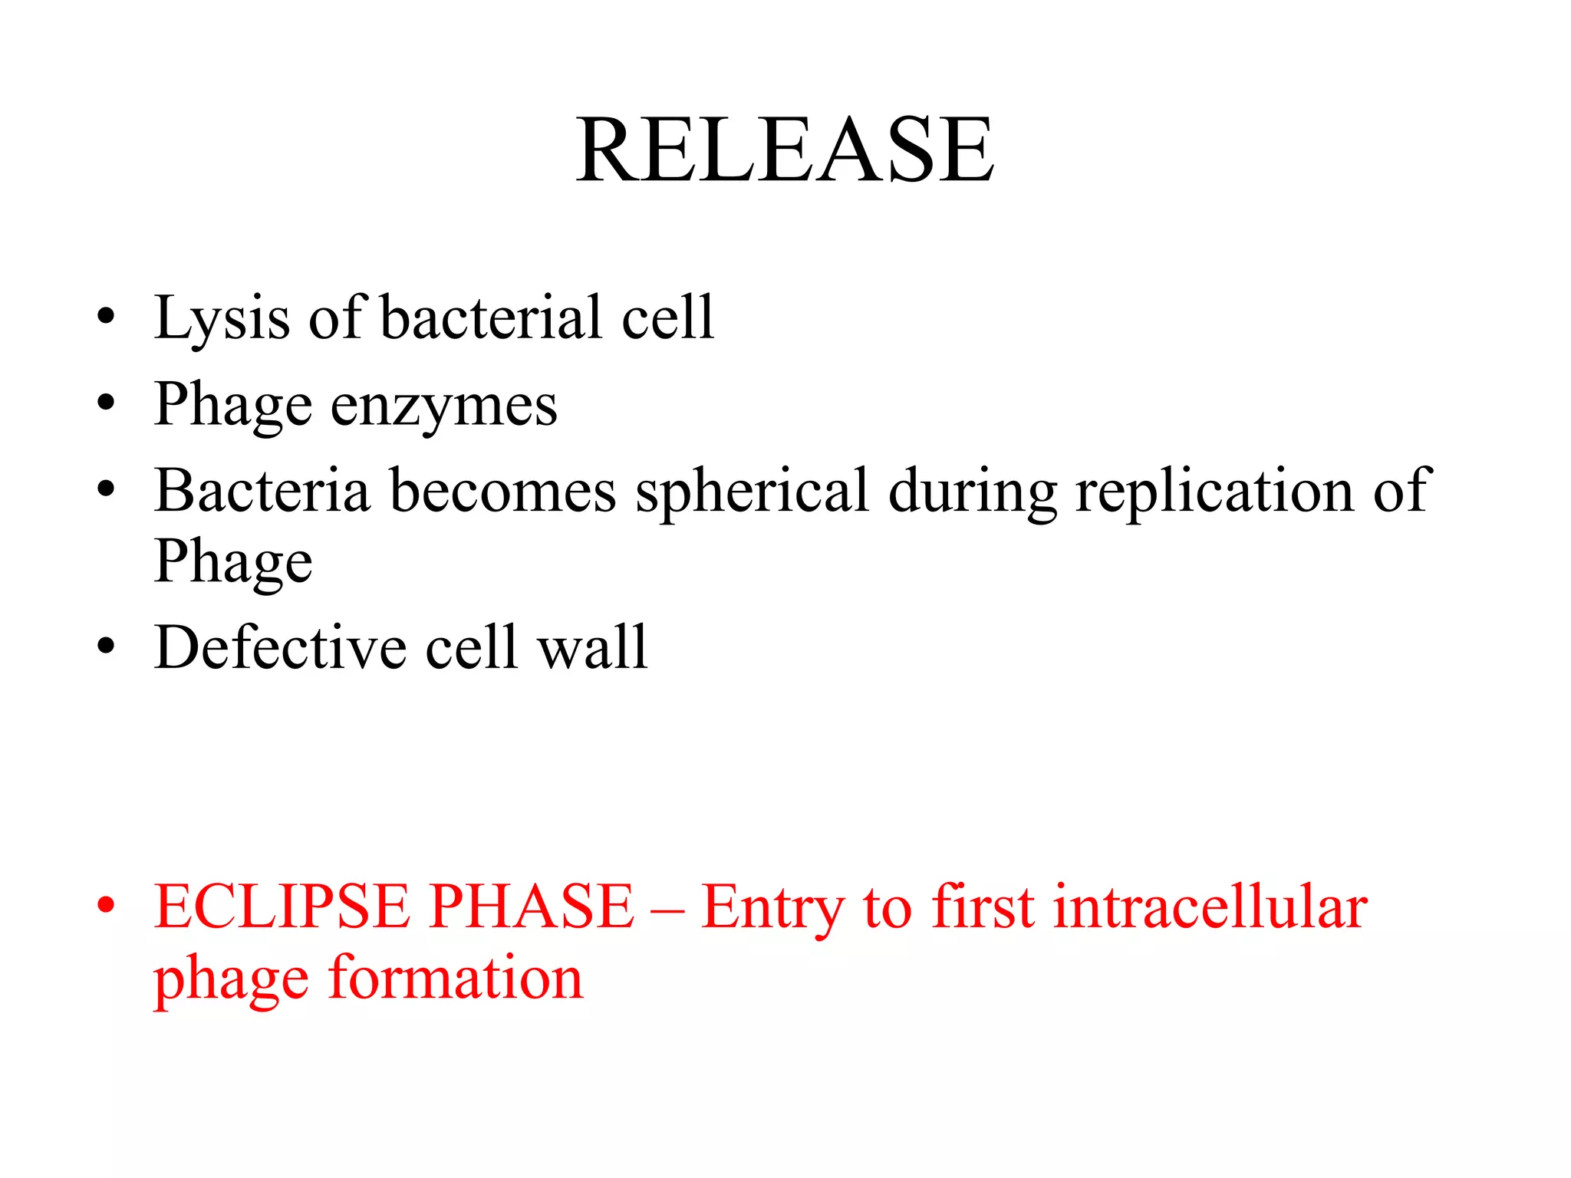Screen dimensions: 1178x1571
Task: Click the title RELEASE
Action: click(785, 150)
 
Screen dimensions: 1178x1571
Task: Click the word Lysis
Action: click(222, 318)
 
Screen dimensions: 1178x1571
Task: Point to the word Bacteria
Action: click(262, 491)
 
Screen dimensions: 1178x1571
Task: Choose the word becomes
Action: click(502, 491)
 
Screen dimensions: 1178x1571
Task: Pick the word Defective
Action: click(280, 648)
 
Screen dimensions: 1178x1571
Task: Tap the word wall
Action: click(592, 648)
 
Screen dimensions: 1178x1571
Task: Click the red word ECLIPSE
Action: click(280, 907)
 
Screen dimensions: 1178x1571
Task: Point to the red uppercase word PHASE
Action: click(532, 907)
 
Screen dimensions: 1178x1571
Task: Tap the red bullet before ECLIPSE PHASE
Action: click(106, 906)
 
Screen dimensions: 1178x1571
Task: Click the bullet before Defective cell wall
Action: click(106, 647)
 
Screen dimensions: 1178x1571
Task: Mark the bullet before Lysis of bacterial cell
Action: click(106, 316)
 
